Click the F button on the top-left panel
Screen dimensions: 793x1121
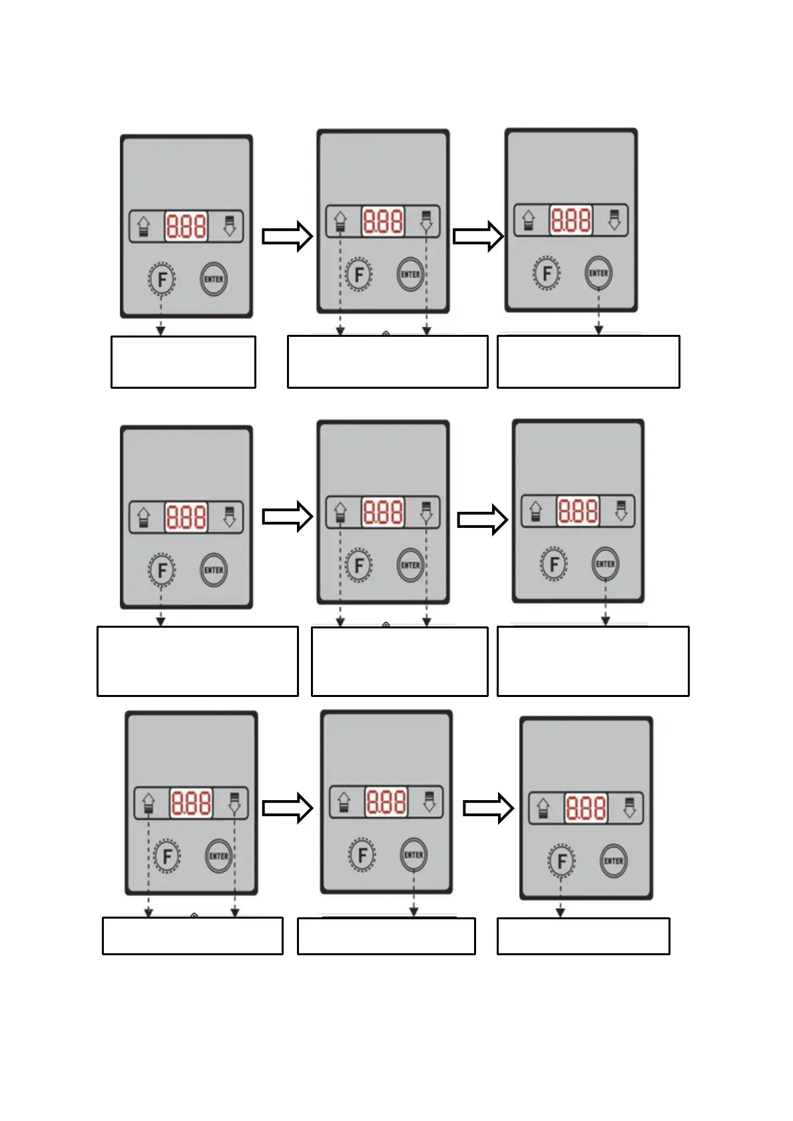tap(161, 280)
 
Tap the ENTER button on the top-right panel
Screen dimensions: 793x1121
tap(598, 273)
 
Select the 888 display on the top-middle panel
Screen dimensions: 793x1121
tap(383, 221)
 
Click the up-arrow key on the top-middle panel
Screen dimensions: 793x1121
tap(340, 222)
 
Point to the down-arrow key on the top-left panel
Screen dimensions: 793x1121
tap(230, 226)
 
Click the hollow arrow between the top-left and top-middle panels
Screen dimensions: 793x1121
tap(287, 236)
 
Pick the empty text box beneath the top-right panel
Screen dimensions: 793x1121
tap(588, 361)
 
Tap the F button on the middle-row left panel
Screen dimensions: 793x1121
tap(161, 570)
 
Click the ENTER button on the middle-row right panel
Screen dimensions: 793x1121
tap(605, 564)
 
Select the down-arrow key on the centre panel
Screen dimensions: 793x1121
tap(426, 513)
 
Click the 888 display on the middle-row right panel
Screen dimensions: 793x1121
tap(578, 511)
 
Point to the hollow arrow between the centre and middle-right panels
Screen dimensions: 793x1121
tap(483, 520)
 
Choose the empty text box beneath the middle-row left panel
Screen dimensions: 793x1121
tap(197, 661)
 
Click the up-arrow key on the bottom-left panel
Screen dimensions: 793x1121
tap(148, 803)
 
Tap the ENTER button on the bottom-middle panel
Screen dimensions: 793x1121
tap(413, 855)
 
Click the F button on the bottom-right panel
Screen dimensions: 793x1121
tap(561, 861)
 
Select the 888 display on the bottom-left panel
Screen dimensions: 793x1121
tap(191, 803)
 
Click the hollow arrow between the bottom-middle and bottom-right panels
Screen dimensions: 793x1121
tap(488, 808)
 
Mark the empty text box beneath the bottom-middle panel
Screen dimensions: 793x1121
tap(386, 936)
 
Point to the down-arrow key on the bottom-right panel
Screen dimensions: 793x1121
tap(629, 809)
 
